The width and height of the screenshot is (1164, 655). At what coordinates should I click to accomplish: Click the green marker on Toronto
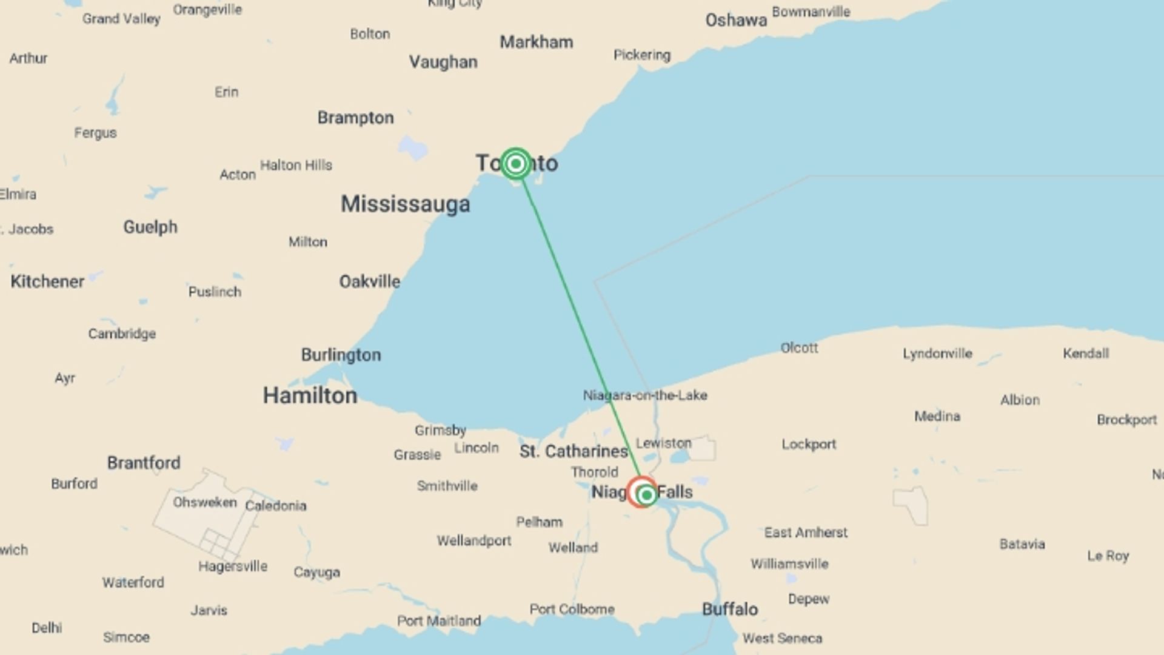tap(516, 163)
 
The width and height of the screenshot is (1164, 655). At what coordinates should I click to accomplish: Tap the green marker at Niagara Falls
tap(646, 495)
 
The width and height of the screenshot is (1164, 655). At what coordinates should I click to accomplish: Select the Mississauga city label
tap(405, 204)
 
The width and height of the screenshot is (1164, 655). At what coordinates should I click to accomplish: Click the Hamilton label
tap(310, 395)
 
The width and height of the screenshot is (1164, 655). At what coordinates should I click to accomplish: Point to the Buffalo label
tap(729, 609)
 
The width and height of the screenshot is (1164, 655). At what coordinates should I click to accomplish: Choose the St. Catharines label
tap(573, 451)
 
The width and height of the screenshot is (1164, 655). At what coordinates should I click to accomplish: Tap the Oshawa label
tap(735, 21)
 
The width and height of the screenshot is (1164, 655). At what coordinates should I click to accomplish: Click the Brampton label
tap(355, 118)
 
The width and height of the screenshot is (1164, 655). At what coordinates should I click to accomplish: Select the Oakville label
tap(369, 281)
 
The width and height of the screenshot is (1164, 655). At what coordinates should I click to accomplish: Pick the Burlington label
tap(341, 355)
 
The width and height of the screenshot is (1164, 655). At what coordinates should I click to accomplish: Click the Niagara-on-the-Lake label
tap(644, 395)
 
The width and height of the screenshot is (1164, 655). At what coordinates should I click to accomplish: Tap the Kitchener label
tap(47, 281)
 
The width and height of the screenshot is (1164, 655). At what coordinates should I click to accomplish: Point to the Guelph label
tap(150, 227)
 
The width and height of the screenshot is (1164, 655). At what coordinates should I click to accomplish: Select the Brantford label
tap(144, 463)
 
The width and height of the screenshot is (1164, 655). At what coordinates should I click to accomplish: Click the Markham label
tap(536, 42)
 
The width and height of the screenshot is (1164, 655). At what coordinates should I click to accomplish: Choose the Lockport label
tap(808, 444)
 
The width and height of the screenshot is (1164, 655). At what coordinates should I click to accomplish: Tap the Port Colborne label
tap(572, 609)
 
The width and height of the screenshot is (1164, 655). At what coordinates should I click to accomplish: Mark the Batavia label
tap(1022, 544)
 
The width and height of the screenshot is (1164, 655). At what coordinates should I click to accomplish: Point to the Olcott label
tap(798, 348)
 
